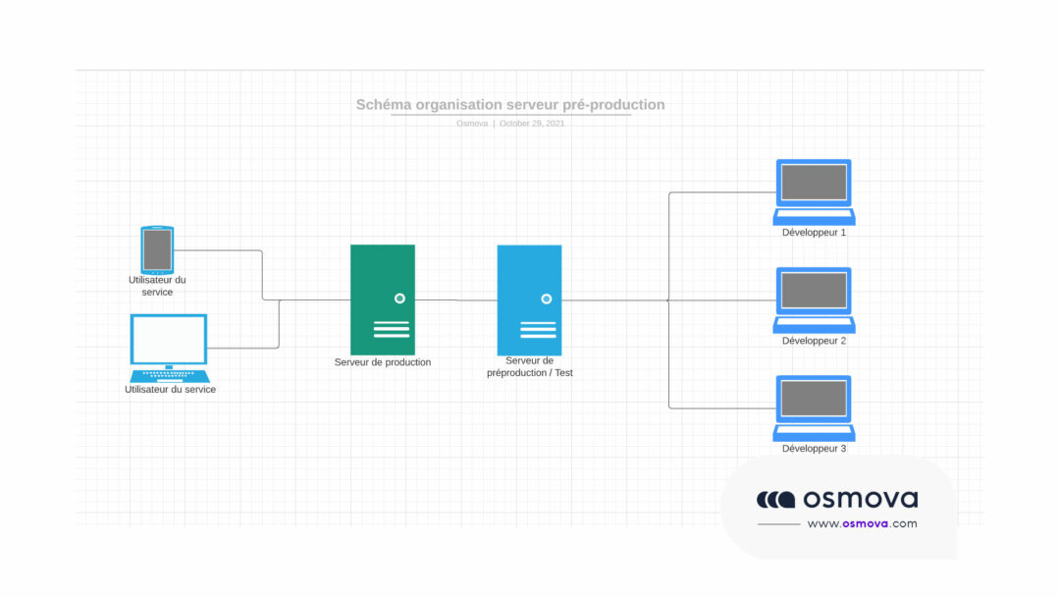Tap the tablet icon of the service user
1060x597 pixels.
click(x=157, y=249)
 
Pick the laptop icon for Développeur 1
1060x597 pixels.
click(x=814, y=191)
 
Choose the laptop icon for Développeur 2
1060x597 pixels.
click(x=814, y=299)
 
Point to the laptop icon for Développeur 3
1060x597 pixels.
click(x=814, y=407)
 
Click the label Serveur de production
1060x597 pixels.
click(x=383, y=362)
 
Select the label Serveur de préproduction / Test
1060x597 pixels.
click(x=530, y=367)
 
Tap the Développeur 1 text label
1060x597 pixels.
click(x=814, y=233)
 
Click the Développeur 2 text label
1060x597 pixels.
click(x=814, y=341)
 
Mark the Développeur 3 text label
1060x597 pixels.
click(x=814, y=449)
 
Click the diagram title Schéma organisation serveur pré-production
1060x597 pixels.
click(x=510, y=105)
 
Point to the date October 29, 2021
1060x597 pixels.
click(x=532, y=124)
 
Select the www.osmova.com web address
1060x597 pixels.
click(x=862, y=524)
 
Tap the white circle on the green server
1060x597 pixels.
click(x=399, y=298)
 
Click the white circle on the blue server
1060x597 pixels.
click(x=547, y=298)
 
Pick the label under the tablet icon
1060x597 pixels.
click(x=157, y=286)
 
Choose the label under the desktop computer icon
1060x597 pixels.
click(x=170, y=390)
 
